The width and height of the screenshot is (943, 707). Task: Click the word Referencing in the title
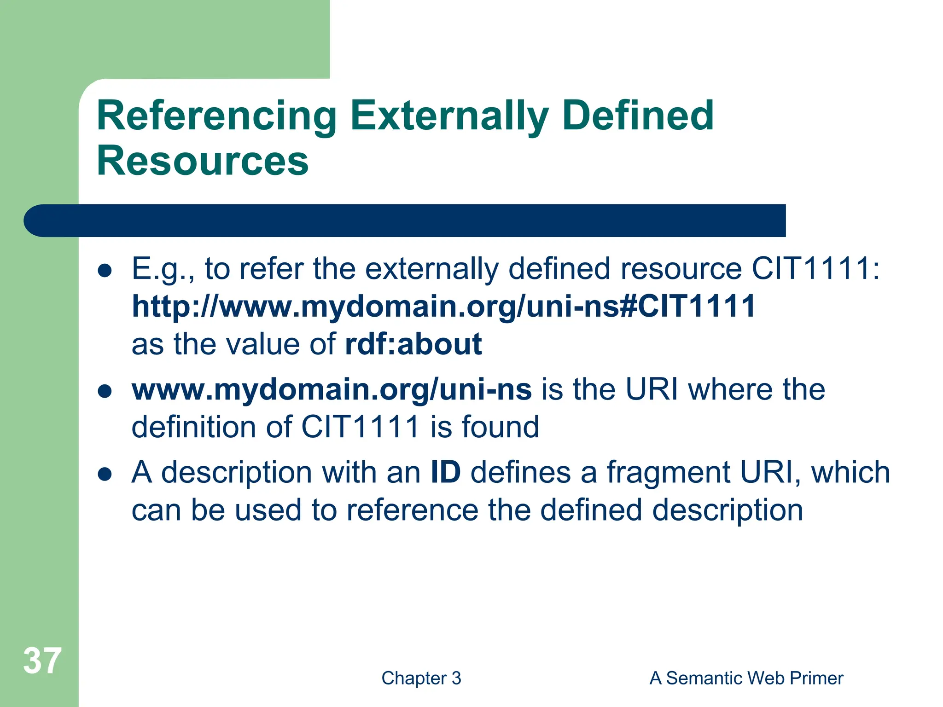click(x=216, y=116)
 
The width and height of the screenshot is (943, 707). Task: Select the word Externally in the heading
click(x=449, y=116)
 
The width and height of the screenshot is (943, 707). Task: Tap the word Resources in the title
click(x=203, y=161)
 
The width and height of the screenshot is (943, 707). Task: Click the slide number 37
click(x=42, y=661)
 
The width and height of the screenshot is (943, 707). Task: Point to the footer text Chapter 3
click(x=421, y=678)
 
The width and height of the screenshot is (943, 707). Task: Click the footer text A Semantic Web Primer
click(x=746, y=678)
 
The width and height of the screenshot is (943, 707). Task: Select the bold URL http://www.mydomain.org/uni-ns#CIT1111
click(x=443, y=306)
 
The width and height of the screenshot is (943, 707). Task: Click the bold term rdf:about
click(x=413, y=344)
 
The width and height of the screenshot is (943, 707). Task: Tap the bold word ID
click(x=445, y=472)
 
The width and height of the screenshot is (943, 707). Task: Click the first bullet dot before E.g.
click(x=105, y=271)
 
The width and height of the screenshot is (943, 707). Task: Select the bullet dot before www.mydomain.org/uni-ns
click(x=105, y=392)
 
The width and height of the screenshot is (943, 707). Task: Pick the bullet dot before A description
click(x=105, y=475)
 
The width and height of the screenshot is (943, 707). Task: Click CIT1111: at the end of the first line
click(x=815, y=268)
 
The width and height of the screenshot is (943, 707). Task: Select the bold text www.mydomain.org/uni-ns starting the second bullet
click(x=332, y=389)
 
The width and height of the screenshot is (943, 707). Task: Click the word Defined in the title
click(x=638, y=116)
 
